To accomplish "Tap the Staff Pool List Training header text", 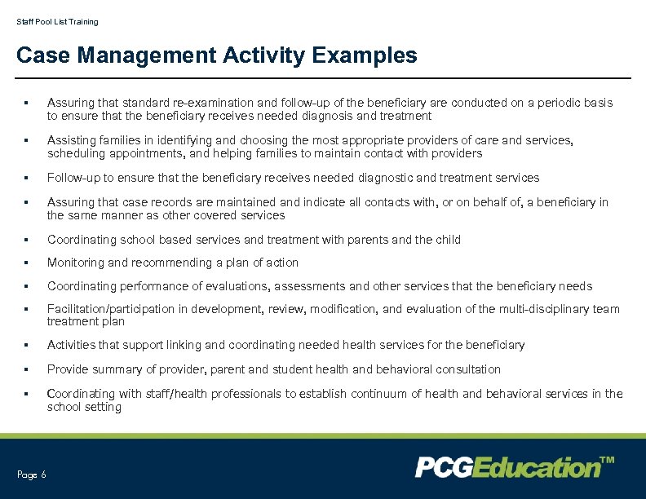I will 57,22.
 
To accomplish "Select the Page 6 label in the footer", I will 32,475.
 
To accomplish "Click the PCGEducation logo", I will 507,467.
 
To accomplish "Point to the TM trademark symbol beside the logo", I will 607,461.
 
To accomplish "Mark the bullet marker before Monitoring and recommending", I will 27,263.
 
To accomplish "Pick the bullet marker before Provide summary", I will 27,369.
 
